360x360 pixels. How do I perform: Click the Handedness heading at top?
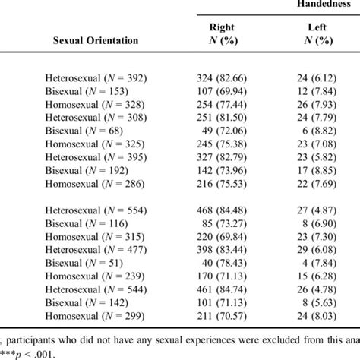[x=320, y=4]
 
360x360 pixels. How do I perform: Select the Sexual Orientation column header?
[x=96, y=40]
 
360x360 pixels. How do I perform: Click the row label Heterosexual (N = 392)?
[x=96, y=78]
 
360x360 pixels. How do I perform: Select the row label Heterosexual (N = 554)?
[x=96, y=209]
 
